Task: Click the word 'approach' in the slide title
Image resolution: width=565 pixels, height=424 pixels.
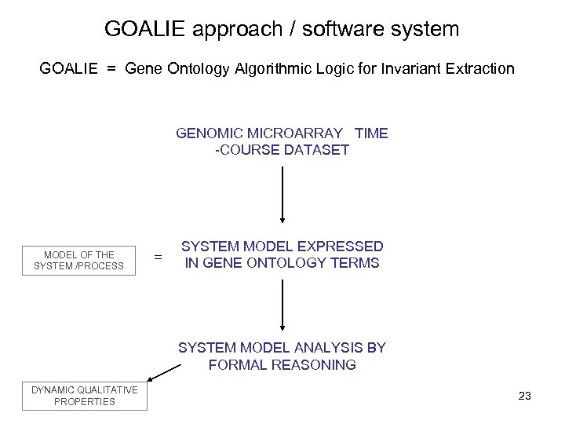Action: [223, 30]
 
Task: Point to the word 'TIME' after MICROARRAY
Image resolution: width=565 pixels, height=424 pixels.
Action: [371, 133]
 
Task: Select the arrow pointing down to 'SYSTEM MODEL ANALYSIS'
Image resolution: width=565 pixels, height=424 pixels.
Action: [282, 308]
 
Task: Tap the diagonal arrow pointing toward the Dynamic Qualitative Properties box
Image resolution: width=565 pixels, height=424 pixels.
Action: [164, 368]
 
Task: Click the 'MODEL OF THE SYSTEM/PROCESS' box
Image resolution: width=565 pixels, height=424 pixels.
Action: [78, 260]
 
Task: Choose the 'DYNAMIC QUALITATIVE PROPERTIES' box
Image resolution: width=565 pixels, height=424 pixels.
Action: [85, 396]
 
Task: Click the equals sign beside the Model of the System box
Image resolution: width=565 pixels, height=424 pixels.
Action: [159, 257]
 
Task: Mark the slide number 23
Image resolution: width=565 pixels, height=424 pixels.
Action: [525, 396]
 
